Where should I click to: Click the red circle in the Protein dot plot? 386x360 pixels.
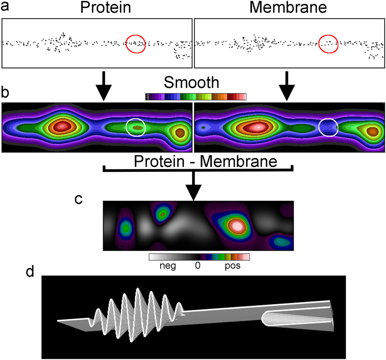click(x=136, y=44)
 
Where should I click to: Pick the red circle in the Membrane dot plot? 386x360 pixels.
click(x=328, y=43)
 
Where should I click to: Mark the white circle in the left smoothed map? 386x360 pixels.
click(x=136, y=127)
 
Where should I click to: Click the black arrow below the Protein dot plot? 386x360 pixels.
click(x=103, y=86)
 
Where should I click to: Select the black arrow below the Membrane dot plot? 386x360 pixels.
click(x=286, y=86)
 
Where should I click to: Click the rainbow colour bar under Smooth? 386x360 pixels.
click(x=196, y=97)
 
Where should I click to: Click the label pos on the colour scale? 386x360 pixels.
click(x=232, y=266)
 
